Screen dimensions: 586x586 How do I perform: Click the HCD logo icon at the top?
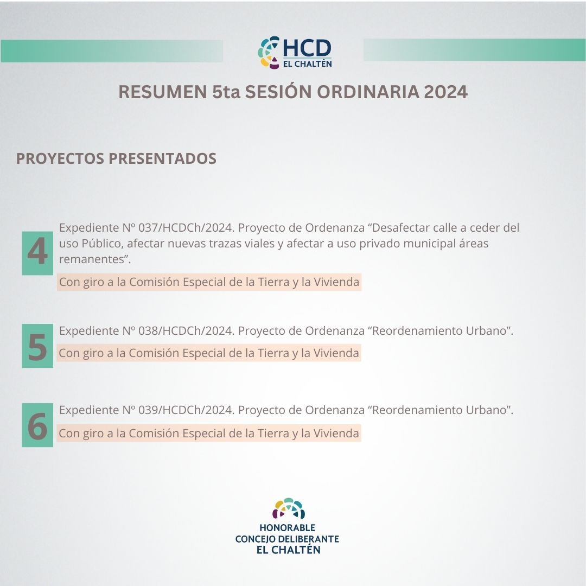point(269,52)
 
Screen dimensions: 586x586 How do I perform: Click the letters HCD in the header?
point(307,48)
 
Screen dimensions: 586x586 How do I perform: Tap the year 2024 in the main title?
point(445,92)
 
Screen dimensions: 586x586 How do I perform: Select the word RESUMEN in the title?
point(163,92)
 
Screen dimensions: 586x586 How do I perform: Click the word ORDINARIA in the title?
point(368,92)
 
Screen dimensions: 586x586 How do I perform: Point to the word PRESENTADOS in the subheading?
point(162,158)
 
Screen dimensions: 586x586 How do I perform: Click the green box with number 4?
point(37,253)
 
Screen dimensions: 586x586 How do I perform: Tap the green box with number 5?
point(37,346)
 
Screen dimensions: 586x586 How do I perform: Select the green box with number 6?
point(37,425)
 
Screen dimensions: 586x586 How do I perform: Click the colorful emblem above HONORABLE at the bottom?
point(289,508)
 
